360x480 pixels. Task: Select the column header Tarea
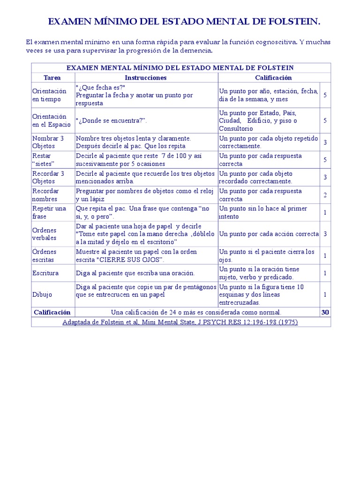click(52, 78)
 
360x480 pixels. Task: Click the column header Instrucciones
click(146, 78)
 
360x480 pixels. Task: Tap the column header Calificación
click(273, 78)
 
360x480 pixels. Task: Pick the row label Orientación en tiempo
click(50, 95)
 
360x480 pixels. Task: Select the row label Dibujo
click(42, 295)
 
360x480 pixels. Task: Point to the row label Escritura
click(45, 273)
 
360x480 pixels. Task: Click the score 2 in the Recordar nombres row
click(325, 195)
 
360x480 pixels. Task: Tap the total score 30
click(325, 312)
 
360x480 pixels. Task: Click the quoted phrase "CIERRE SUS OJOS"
click(138, 260)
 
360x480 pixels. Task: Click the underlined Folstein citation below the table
click(180, 322)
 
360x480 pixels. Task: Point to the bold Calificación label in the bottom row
click(52, 312)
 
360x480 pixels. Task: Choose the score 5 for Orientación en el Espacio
click(325, 120)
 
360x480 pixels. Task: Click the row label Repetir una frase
click(49, 212)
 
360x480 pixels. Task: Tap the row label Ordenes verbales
click(45, 234)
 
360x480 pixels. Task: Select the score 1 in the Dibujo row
click(325, 295)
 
